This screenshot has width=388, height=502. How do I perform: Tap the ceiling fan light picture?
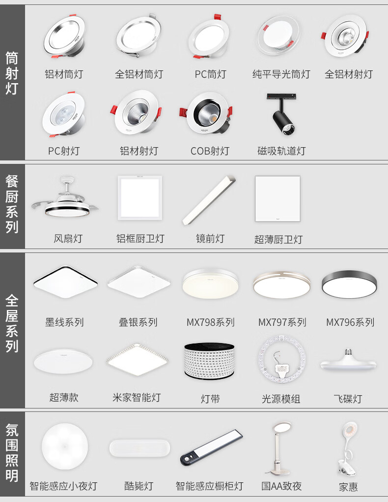[65, 198]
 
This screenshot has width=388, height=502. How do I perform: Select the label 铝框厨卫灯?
[140, 239]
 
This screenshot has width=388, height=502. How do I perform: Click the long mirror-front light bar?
[209, 200]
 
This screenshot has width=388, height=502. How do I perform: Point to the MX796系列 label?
[350, 322]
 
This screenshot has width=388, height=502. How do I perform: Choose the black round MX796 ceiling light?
[349, 284]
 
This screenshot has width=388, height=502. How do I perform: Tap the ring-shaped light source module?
[281, 359]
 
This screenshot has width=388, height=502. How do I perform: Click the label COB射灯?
[210, 151]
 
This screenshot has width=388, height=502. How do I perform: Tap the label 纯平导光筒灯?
[281, 74]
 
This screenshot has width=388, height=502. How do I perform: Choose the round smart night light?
[65, 446]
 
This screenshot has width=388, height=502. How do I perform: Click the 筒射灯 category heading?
[12, 73]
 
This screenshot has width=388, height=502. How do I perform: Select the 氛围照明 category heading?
[12, 453]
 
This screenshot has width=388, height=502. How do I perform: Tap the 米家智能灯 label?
[137, 398]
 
